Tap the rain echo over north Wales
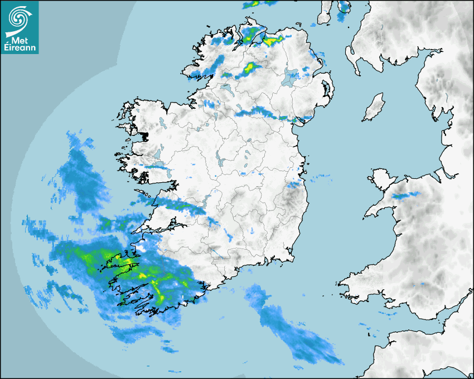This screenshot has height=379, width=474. coord(405,196)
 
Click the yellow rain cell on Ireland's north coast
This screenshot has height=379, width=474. coord(273,40)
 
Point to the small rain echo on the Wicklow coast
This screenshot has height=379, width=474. coord(294,184)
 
